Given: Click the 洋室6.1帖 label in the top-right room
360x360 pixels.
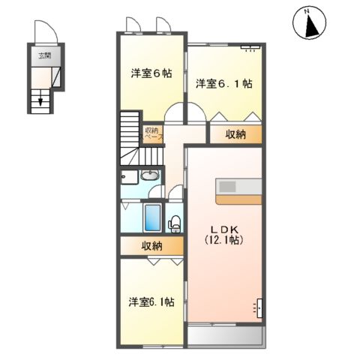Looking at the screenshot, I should [x=223, y=83].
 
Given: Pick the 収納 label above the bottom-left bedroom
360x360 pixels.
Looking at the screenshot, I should [x=151, y=246].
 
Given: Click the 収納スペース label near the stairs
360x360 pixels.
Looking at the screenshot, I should [x=154, y=133].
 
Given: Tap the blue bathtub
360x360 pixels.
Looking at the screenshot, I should [x=152, y=217].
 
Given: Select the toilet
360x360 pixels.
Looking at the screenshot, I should [x=174, y=222].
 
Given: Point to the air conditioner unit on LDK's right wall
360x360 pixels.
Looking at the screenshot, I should [x=259, y=307].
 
